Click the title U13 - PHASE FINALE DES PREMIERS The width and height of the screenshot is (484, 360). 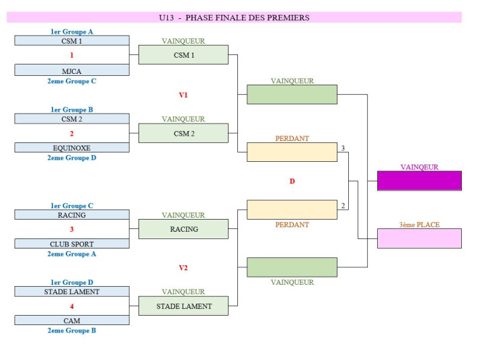coord(234,17)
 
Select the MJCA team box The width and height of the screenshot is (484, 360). coord(72,70)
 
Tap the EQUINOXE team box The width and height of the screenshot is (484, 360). coord(72,148)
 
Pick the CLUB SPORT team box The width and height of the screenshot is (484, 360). coord(72,244)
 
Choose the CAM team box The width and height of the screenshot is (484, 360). coord(72,321)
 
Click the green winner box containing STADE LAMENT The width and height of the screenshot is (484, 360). coord(184,306)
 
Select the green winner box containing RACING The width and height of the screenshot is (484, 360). coord(184,229)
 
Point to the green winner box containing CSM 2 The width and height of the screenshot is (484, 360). coord(184,133)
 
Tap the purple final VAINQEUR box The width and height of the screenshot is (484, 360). coord(419,181)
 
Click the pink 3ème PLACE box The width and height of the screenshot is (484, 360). coord(419,238)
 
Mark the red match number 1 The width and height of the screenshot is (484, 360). coord(72,55)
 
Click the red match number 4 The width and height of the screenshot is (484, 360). coord(72,306)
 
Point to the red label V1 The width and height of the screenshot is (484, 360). coord(183,95)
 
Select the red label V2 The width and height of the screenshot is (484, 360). coord(183,268)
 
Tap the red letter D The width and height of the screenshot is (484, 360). coord(292,181)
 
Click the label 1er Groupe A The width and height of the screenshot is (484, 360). coord(72,32)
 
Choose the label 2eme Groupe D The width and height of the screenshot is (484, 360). coord(72,158)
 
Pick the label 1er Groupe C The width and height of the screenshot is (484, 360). coord(72,206)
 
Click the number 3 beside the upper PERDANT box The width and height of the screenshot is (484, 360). coord(343,148)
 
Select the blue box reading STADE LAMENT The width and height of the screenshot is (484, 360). coord(72,292)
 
